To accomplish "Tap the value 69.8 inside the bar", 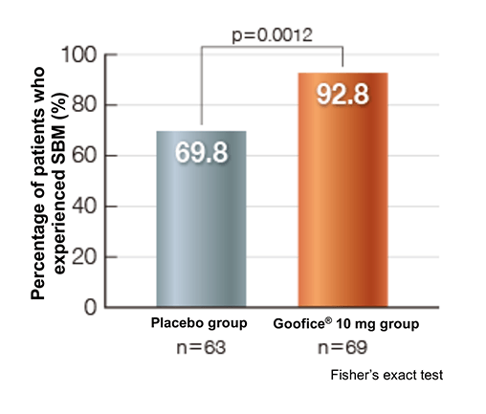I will pos(202,152).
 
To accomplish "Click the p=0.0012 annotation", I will pos(273,34).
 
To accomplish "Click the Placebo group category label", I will pos(198,324).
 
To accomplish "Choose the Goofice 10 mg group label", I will pos(345,324).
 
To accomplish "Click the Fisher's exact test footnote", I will pos(387,376).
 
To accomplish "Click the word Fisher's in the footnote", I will pos(352,376).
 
